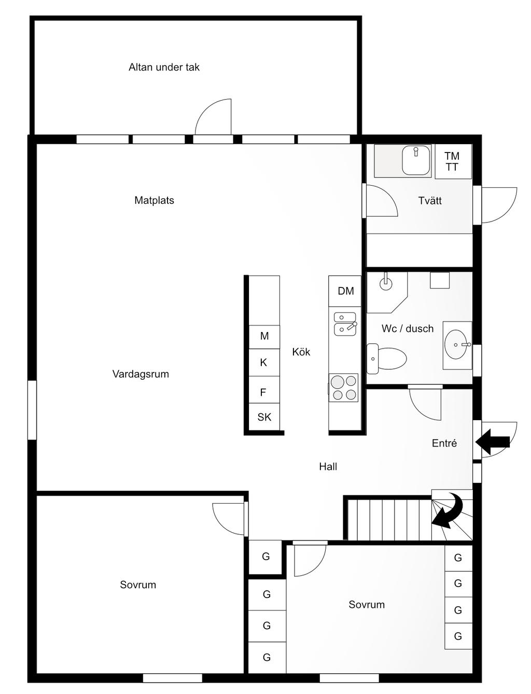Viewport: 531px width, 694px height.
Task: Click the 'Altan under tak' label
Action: pyautogui.click(x=164, y=67)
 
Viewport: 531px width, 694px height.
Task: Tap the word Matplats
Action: pyautogui.click(x=154, y=200)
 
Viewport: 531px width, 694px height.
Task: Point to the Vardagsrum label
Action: pyautogui.click(x=141, y=374)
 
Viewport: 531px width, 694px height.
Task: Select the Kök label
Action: pyautogui.click(x=301, y=352)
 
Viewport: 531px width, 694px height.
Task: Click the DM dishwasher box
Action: pyautogui.click(x=345, y=291)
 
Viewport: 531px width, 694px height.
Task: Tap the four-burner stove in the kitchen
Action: pyautogui.click(x=344, y=387)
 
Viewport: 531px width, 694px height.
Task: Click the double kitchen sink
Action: pyautogui.click(x=345, y=324)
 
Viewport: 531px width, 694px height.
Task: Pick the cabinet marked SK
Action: pyautogui.click(x=264, y=417)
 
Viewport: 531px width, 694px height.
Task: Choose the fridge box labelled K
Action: pyautogui.click(x=264, y=363)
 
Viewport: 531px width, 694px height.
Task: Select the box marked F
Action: pyautogui.click(x=264, y=390)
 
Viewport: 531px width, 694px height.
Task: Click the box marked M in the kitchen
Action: pyautogui.click(x=264, y=337)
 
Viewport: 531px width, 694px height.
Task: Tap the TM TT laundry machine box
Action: pyautogui.click(x=453, y=161)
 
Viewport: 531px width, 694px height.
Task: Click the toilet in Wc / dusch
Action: pyautogui.click(x=386, y=358)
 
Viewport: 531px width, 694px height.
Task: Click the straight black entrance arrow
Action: pyautogui.click(x=493, y=442)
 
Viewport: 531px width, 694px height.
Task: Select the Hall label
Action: pyautogui.click(x=328, y=466)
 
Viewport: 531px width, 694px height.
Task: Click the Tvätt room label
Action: pyautogui.click(x=430, y=200)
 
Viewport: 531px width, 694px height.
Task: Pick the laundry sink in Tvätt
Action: pyautogui.click(x=416, y=160)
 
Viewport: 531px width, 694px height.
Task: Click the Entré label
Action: pyautogui.click(x=444, y=443)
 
